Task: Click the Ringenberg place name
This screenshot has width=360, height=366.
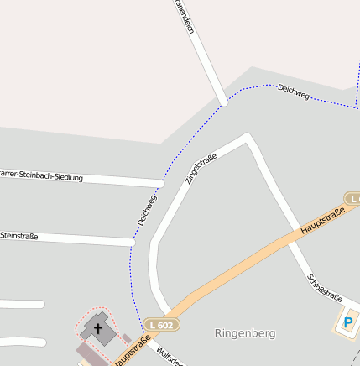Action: pos(245,333)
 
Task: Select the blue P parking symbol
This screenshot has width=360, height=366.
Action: pos(348,322)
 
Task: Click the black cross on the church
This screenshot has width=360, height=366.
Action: pos(97,328)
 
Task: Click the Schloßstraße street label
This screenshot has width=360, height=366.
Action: pos(325,287)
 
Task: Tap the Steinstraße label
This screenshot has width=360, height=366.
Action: pos(18,236)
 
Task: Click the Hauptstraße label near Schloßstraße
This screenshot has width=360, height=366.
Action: pos(323,220)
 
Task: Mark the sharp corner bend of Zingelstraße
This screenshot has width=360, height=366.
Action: pos(247,137)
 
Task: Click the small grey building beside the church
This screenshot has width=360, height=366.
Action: pos(127,338)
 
